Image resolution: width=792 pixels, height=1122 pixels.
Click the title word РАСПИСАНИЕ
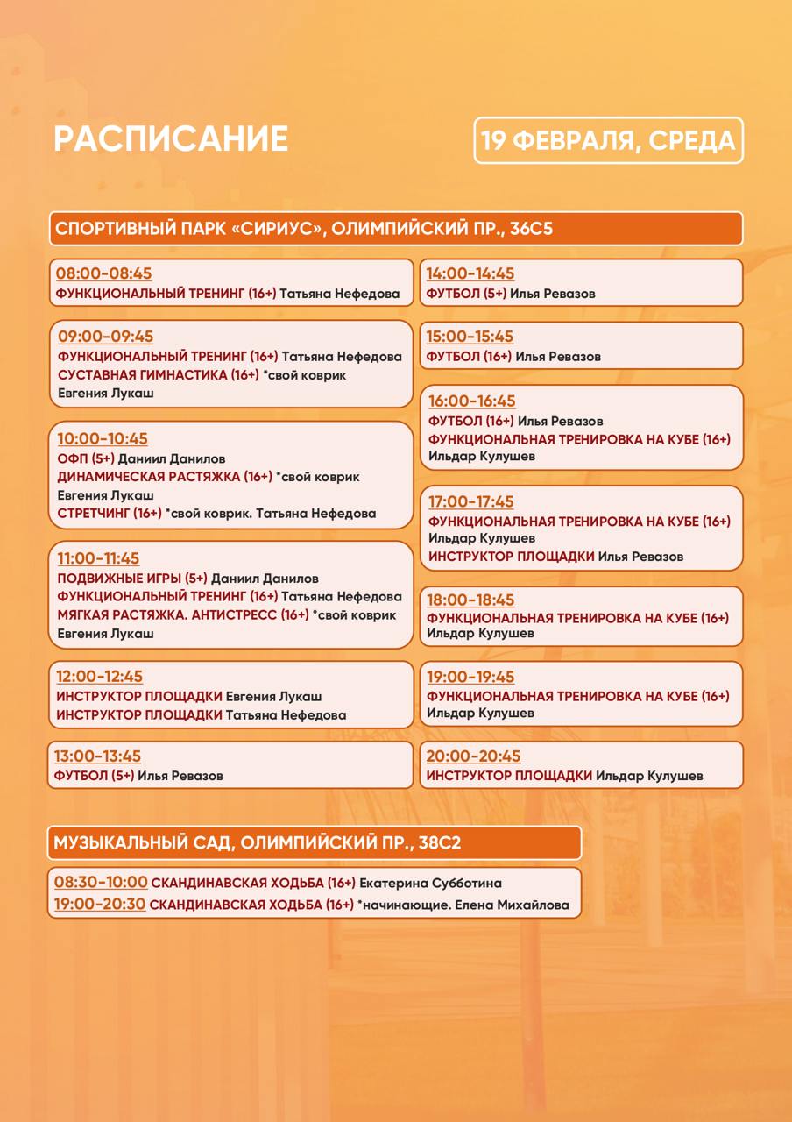(171, 139)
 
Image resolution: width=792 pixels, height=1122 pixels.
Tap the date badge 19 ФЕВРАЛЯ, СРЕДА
(608, 141)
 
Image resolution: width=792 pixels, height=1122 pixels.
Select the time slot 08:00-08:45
(103, 273)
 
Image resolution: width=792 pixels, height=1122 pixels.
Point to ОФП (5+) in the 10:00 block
(85, 458)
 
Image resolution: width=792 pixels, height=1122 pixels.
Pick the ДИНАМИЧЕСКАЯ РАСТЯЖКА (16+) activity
(165, 477)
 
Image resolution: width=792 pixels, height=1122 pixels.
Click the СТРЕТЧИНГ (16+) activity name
(109, 514)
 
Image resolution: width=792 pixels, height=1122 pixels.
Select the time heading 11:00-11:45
(98, 558)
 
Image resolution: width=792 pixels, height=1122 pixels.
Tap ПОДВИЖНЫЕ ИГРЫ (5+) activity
(132, 579)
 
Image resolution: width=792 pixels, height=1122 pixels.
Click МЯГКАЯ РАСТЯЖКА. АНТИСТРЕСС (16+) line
(182, 615)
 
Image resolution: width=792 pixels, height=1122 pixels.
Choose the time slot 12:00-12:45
(99, 677)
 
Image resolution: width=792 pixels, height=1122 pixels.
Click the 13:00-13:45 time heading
(97, 756)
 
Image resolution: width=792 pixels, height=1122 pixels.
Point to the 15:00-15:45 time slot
(470, 337)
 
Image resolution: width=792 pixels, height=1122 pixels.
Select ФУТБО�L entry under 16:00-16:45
(471, 422)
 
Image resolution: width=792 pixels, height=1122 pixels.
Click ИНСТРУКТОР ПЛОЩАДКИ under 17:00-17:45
(511, 557)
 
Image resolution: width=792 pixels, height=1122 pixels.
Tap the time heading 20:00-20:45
(473, 756)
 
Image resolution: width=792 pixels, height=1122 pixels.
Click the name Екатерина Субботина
(430, 884)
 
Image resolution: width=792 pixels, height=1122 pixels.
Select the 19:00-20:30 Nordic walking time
(99, 905)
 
